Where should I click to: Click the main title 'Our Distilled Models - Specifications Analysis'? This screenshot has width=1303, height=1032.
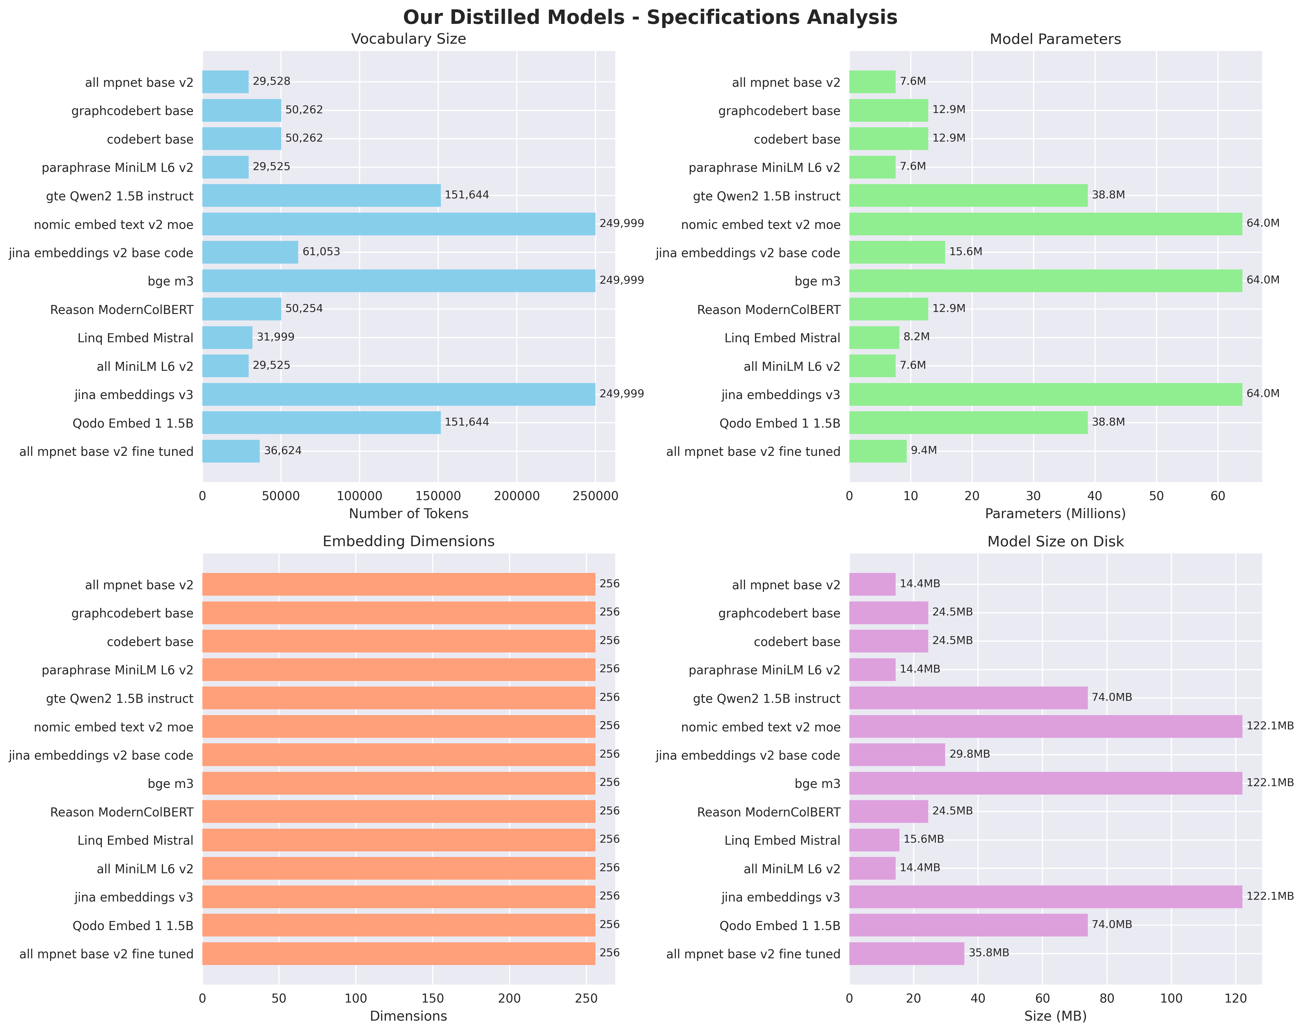click(650, 17)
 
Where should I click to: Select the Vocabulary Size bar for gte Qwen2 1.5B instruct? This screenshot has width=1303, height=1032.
click(321, 195)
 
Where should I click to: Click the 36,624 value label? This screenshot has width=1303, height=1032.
click(283, 451)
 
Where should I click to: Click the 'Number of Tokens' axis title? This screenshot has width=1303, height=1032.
click(408, 514)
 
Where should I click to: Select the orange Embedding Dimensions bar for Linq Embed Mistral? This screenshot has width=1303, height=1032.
click(399, 840)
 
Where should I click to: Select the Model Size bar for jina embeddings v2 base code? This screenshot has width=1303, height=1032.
click(897, 755)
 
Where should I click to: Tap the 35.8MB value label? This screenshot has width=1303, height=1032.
click(989, 953)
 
